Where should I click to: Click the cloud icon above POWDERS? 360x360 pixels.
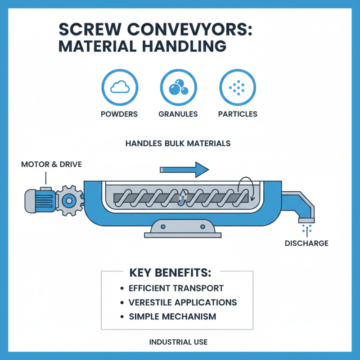(x=119, y=88)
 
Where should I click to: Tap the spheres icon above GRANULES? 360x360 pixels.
(x=178, y=88)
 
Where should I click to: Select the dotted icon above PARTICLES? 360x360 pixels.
(x=237, y=88)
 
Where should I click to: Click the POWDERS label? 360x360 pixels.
(x=119, y=114)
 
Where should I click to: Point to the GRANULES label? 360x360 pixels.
(x=178, y=114)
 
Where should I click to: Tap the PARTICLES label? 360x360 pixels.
(x=238, y=114)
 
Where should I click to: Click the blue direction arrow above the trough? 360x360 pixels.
(x=184, y=170)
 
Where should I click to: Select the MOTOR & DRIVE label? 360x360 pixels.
(x=51, y=164)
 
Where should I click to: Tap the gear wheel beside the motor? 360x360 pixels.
(x=71, y=199)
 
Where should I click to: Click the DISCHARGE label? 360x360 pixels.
(x=306, y=243)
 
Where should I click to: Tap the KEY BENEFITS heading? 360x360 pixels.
(x=170, y=273)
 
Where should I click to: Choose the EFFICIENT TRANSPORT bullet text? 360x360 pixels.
(x=176, y=288)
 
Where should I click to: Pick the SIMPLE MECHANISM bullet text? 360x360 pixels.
(x=172, y=316)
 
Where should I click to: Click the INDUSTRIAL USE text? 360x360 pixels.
(x=178, y=342)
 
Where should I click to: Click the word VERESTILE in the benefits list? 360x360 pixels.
(x=152, y=302)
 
